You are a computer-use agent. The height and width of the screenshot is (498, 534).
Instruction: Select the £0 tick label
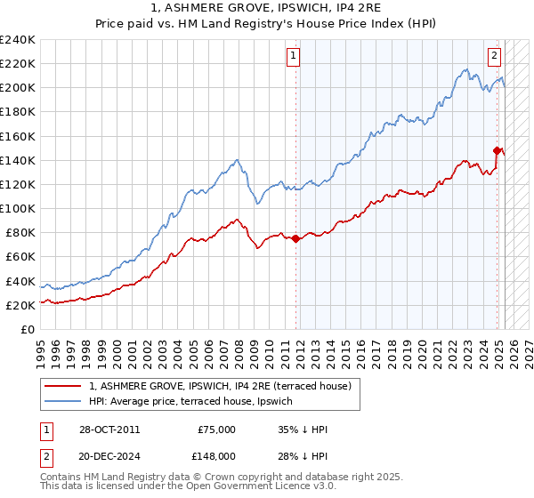pyautogui.click(x=27, y=329)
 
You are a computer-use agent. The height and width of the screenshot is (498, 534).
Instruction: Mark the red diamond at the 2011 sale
pyautogui.click(x=295, y=238)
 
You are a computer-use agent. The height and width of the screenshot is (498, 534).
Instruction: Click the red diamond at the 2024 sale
pyautogui.click(x=497, y=150)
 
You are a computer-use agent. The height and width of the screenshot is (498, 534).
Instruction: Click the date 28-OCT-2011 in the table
pyautogui.click(x=109, y=430)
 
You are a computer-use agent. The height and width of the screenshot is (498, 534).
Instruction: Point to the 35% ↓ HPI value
pyautogui.click(x=303, y=430)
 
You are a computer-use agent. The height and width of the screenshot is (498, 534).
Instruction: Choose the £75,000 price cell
pyautogui.click(x=216, y=430)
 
